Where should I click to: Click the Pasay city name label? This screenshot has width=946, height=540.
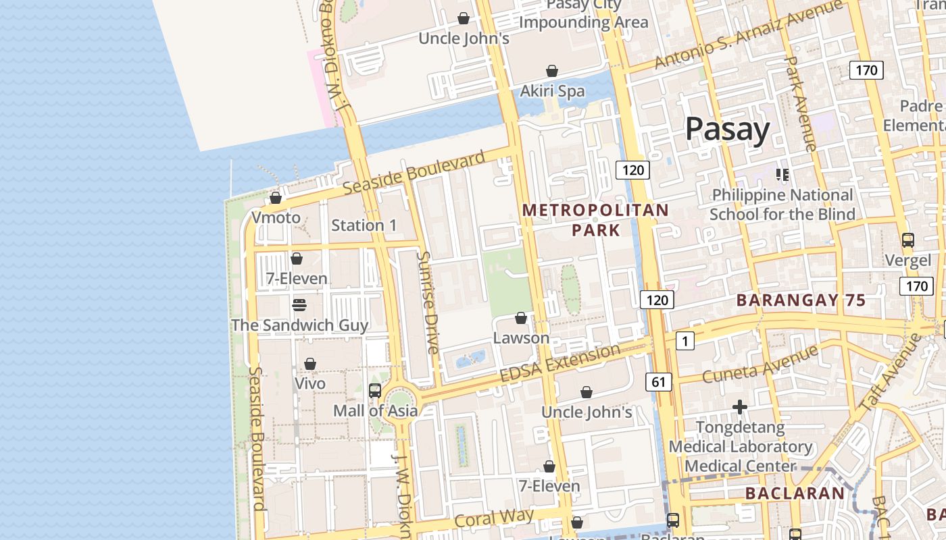[727, 129]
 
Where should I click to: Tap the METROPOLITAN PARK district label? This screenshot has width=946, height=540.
[595, 220]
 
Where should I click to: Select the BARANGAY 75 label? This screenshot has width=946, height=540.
[801, 300]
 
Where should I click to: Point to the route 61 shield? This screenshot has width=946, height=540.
[659, 382]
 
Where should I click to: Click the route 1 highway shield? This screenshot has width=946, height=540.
[684, 341]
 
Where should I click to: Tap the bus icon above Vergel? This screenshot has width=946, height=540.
[908, 240]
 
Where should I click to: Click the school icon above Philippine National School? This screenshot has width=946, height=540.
[782, 175]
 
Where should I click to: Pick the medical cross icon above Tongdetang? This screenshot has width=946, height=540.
[740, 407]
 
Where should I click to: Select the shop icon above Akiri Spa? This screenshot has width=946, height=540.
[552, 71]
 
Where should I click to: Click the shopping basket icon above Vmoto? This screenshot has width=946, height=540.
[276, 198]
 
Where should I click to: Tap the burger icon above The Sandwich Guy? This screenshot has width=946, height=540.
[299, 305]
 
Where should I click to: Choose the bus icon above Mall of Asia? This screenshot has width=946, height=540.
[375, 390]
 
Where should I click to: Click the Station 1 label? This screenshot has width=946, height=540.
[364, 225]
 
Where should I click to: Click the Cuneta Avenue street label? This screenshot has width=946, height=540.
[760, 365]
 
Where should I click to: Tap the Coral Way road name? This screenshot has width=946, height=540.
[494, 518]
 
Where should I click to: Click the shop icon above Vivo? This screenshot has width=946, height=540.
[310, 364]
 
